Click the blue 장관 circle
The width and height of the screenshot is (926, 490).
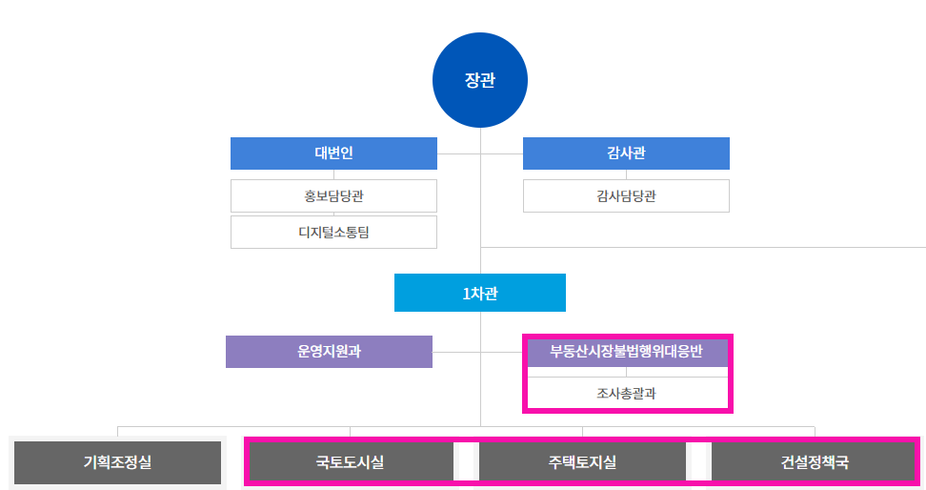(x=480, y=81)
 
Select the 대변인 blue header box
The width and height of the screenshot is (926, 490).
(x=333, y=153)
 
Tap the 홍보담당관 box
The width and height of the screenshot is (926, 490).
(x=333, y=196)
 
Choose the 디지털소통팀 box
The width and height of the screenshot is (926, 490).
(x=333, y=232)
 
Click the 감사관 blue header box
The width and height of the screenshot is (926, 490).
(x=626, y=153)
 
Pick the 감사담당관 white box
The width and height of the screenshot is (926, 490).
(x=626, y=196)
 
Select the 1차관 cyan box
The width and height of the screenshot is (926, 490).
(x=480, y=293)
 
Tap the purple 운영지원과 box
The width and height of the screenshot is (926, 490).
(x=329, y=351)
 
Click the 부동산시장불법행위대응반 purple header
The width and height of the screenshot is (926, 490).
(x=626, y=351)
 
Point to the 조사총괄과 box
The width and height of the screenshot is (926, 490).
(x=626, y=392)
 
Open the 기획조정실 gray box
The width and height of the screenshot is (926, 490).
(x=117, y=462)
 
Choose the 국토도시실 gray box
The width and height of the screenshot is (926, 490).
(x=350, y=462)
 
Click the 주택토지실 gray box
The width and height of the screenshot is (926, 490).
(x=582, y=462)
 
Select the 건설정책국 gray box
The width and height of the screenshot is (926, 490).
(x=815, y=462)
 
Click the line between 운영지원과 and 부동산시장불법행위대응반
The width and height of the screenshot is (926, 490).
(x=457, y=352)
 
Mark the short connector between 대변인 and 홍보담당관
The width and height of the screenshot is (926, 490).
(x=333, y=174)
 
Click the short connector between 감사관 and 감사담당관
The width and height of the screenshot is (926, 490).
(x=626, y=174)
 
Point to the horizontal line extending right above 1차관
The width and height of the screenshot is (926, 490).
(x=705, y=248)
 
